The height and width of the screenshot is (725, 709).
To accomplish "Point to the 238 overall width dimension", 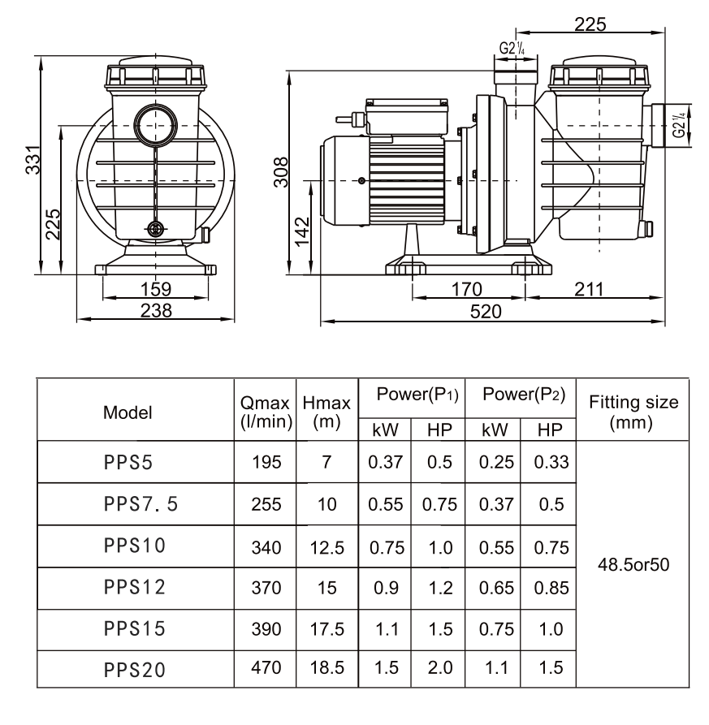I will coord(155,309).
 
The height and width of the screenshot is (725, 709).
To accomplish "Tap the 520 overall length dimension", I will coord(487,312).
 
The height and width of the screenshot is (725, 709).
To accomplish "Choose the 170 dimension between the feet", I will coord(467,288).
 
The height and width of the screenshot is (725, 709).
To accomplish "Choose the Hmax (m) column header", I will coord(326,411).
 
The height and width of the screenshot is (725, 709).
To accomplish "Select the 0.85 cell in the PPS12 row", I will coord(551,586).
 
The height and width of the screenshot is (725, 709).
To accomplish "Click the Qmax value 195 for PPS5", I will coord(267,462).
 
